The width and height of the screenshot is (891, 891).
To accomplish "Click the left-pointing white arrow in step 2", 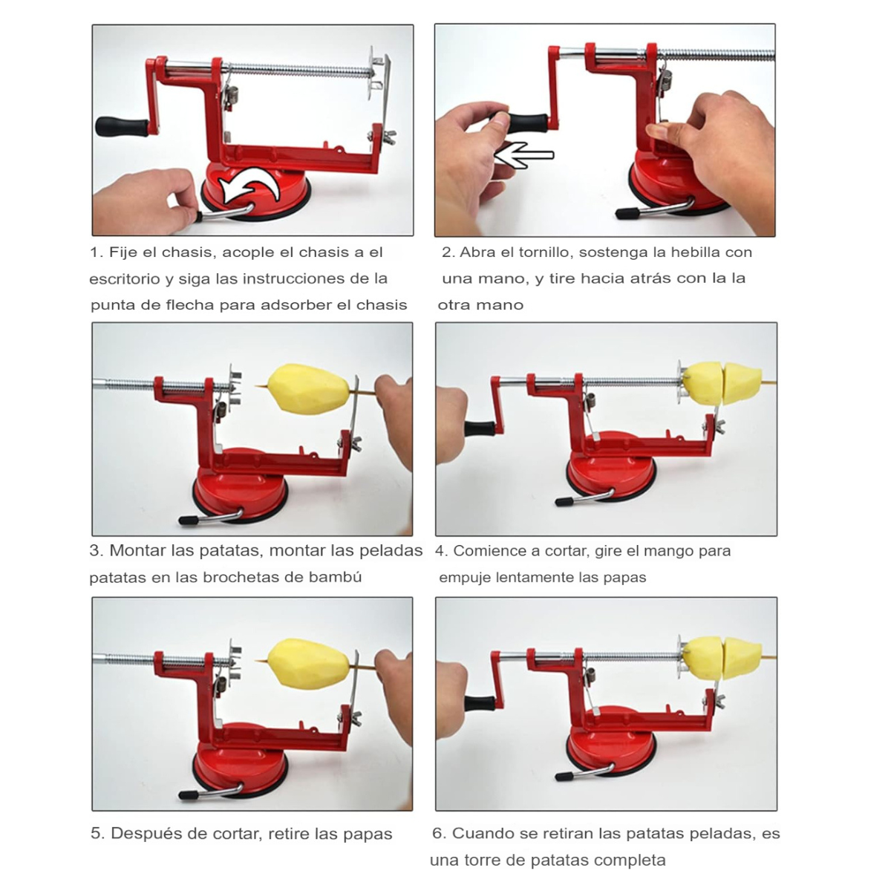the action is click(524, 154).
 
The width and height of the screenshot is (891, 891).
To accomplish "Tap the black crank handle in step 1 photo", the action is click(122, 126).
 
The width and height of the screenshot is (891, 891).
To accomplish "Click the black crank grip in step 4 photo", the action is click(479, 428).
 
